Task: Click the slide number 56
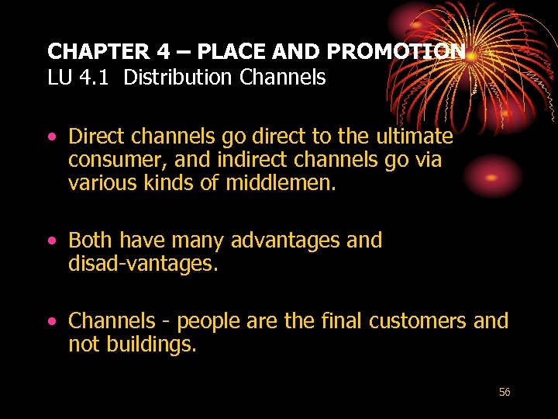pyautogui.click(x=505, y=393)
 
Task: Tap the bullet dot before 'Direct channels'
pyautogui.click(x=53, y=137)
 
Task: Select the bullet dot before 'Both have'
pyautogui.click(x=53, y=241)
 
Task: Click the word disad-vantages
pyautogui.click(x=143, y=265)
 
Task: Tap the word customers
pyautogui.click(x=418, y=321)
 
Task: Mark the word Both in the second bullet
pyautogui.click(x=90, y=241)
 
